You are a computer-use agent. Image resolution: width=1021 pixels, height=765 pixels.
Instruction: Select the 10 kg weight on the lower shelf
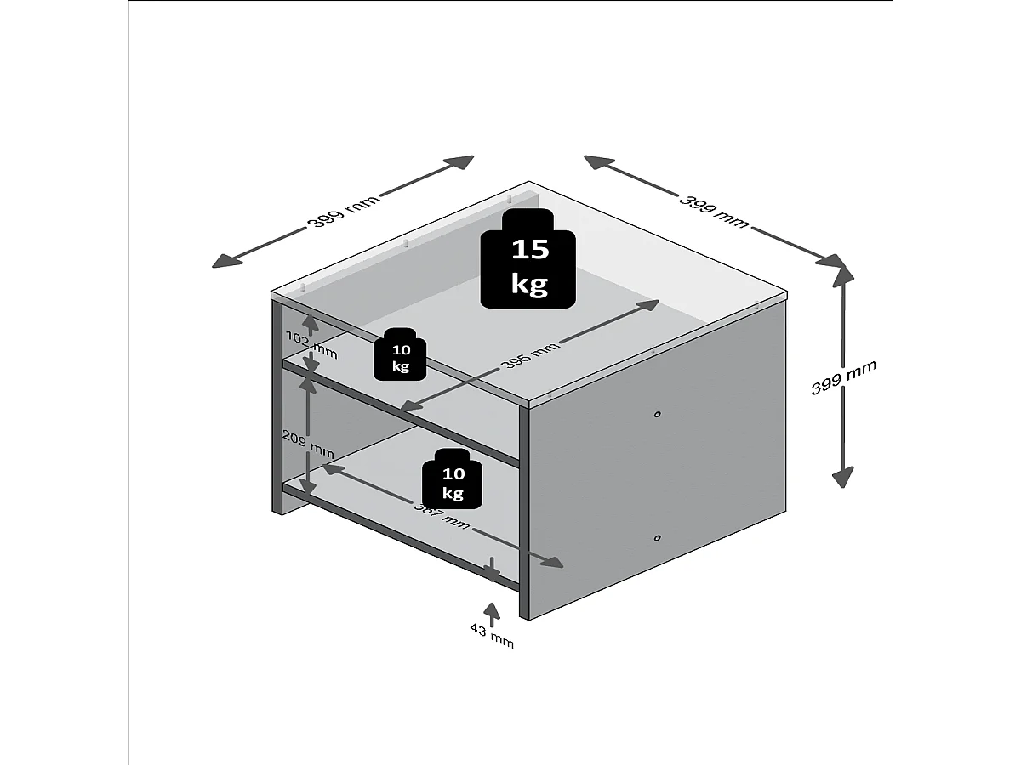453,479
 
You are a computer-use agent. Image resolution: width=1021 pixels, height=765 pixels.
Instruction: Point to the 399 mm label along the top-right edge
715,210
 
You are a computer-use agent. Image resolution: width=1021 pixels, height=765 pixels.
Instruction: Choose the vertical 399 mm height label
843,377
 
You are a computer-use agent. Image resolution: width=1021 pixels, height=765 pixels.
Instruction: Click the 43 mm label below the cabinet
492,635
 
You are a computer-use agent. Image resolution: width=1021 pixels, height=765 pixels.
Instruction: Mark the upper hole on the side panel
658,414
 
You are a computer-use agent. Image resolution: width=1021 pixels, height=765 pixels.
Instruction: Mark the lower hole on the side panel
658,537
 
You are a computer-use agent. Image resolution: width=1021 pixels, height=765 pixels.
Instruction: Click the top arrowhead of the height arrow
842,270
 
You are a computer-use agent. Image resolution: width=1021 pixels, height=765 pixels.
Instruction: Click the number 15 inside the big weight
529,249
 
